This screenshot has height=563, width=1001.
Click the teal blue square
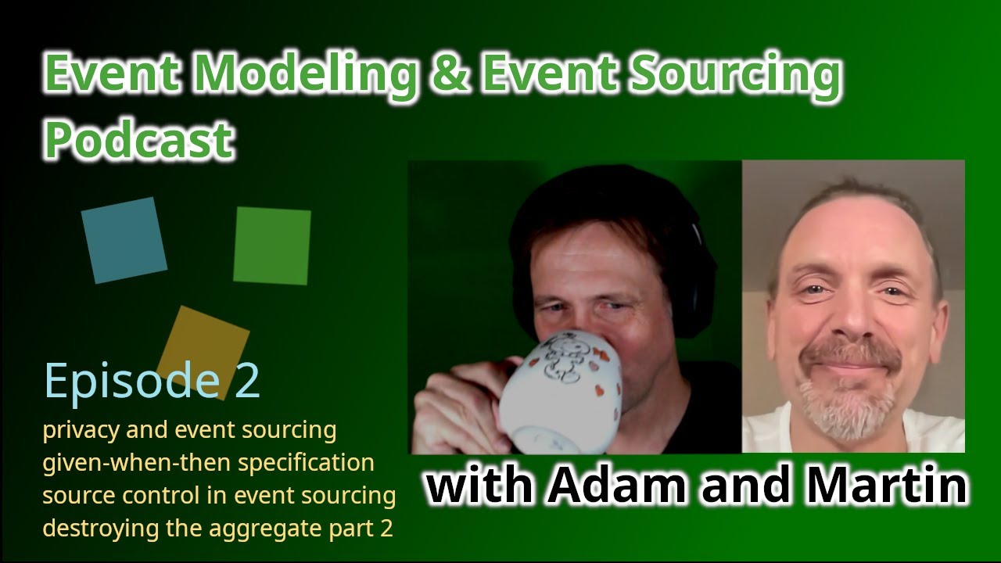pyautogui.click(x=124, y=240)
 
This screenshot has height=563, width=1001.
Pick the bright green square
pyautogui.click(x=271, y=246)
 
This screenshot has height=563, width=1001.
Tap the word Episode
pyautogui.click(x=132, y=381)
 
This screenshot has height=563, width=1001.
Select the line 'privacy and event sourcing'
pyautogui.click(x=189, y=430)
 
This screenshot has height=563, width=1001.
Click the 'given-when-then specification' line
pyautogui.click(x=208, y=463)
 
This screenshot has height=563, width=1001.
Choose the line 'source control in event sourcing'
pyautogui.click(x=219, y=496)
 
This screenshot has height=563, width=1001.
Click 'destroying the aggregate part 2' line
pyautogui.click(x=217, y=529)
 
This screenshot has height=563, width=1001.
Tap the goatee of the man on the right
pyautogui.click(x=848, y=399)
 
